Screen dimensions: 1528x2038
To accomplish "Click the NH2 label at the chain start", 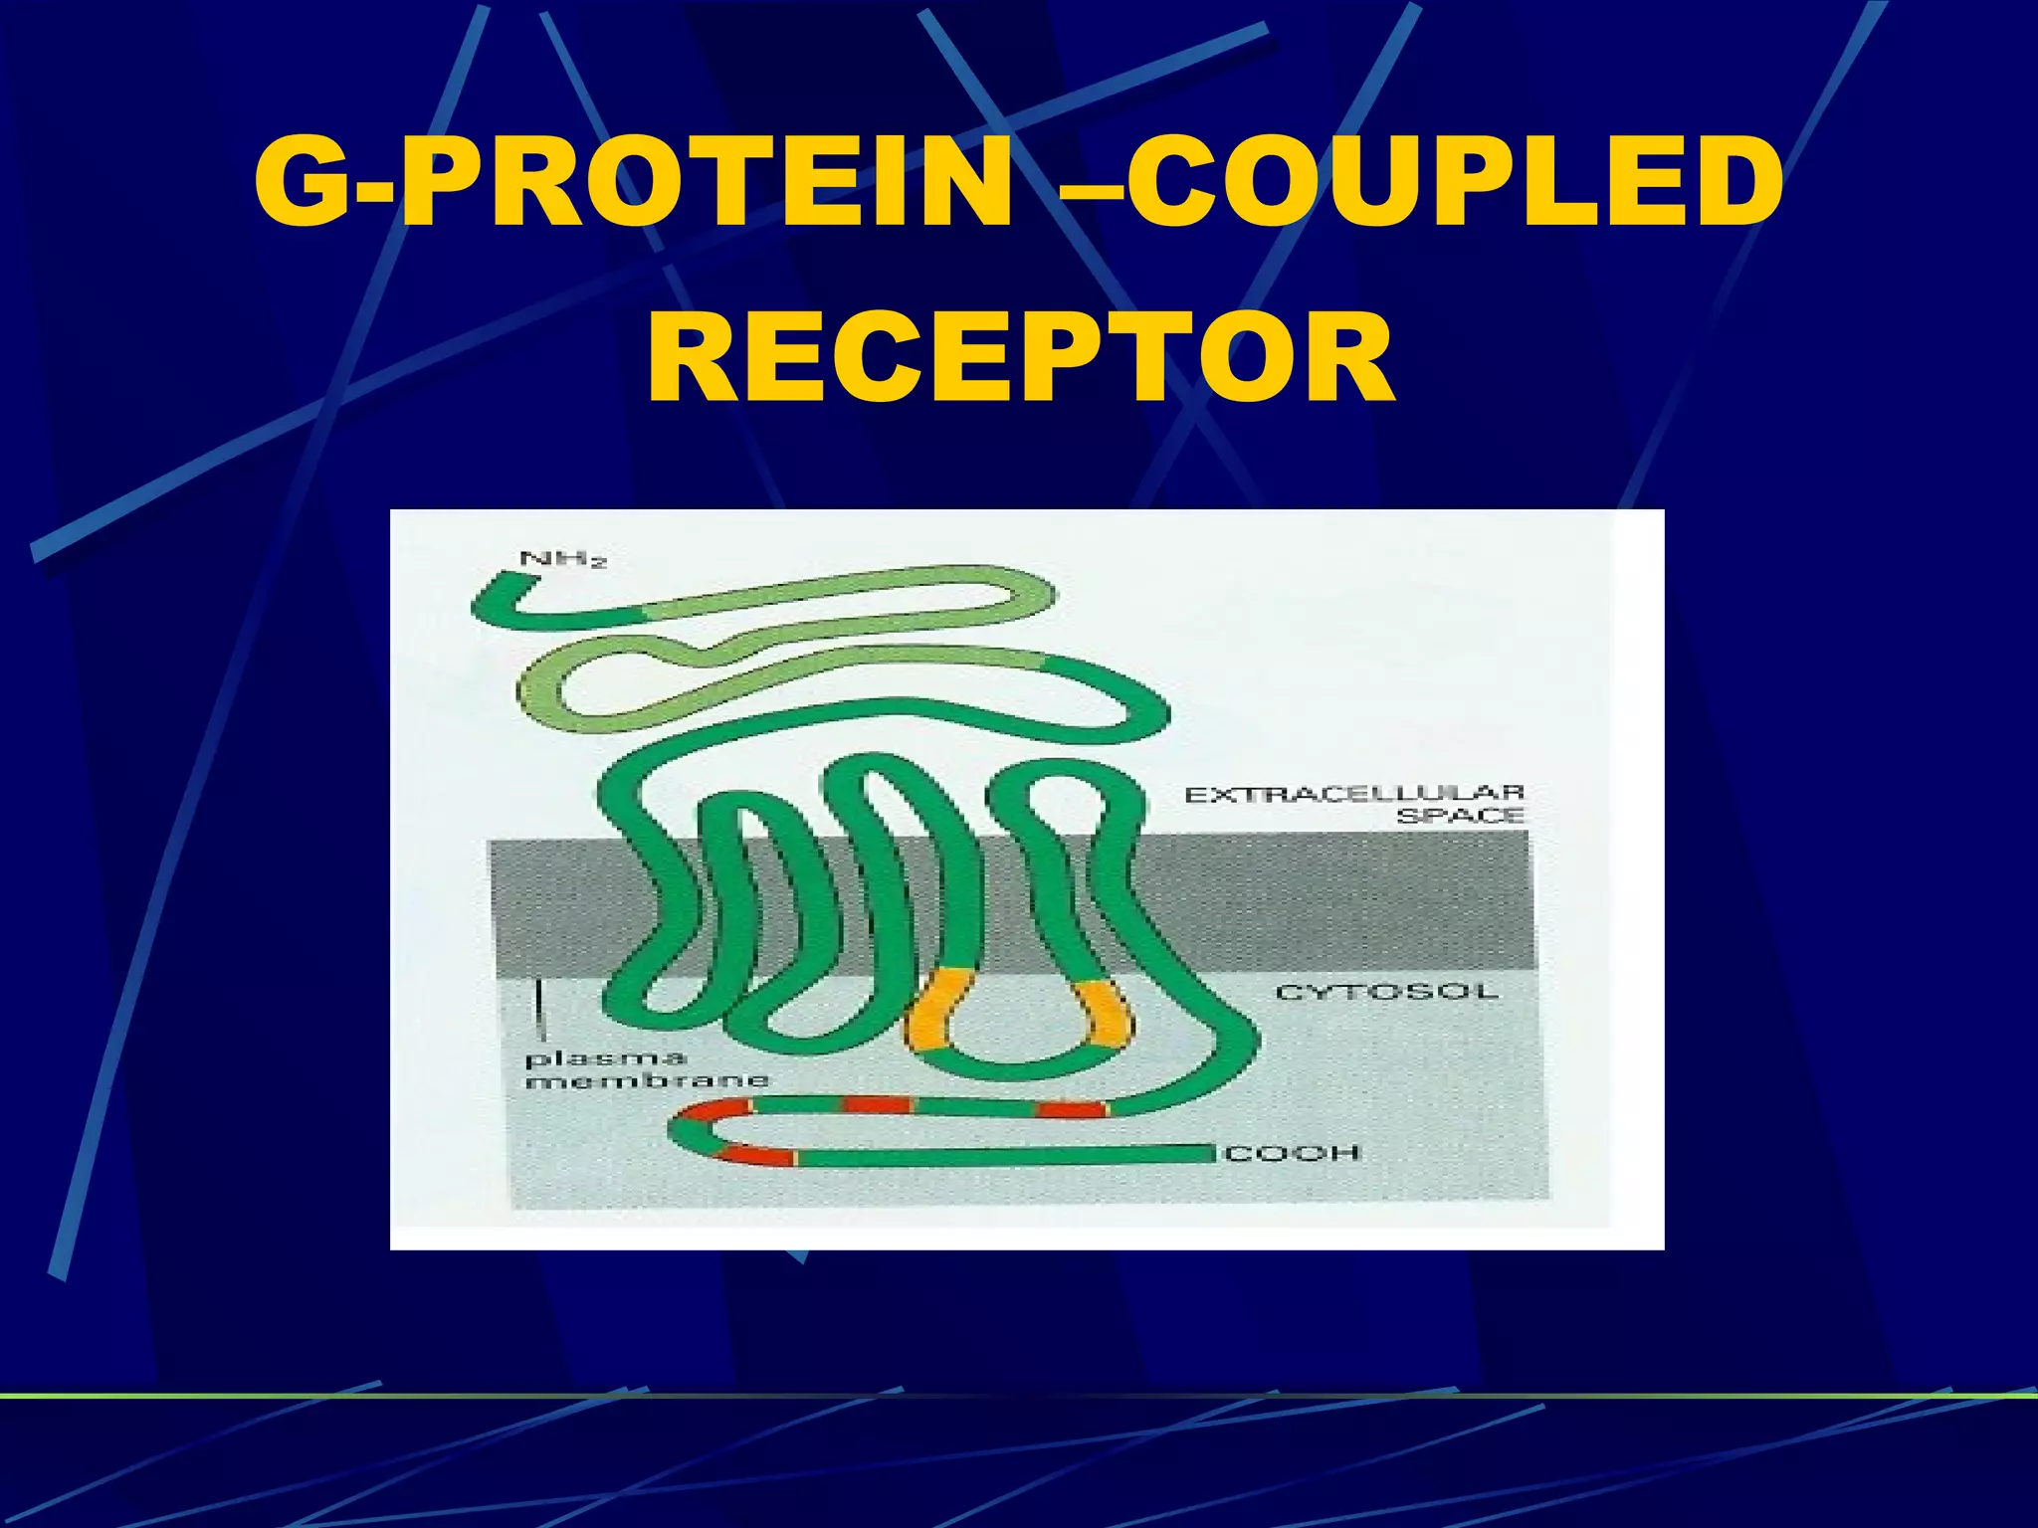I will pos(563,561).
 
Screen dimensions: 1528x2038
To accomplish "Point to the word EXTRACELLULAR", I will pos(1353,794).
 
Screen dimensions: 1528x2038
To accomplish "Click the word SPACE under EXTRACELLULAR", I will pos(1460,816).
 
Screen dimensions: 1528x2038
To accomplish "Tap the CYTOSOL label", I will pos(1386,992).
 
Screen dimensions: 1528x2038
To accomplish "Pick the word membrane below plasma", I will pos(647,1080).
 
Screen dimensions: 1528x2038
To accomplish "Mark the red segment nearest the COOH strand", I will pos(756,1155).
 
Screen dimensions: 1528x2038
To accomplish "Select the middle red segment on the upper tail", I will pos(877,1104).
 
